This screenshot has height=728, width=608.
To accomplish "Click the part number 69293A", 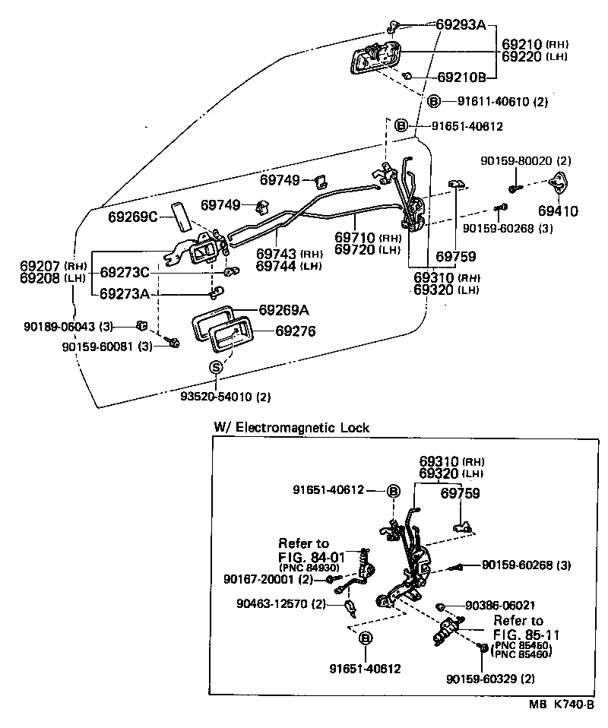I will point(461,24).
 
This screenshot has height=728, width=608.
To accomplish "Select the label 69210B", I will point(461,77).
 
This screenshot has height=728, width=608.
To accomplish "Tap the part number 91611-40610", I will point(495,101).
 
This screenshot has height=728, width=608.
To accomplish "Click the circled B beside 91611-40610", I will point(433,101).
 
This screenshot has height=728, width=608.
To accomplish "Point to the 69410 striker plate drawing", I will point(562,185).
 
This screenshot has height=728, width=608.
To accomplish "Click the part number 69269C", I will point(132,217).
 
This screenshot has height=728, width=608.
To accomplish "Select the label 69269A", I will point(284,310).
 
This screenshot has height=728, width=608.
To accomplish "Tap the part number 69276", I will point(295,331).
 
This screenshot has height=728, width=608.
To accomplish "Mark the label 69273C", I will point(125,272).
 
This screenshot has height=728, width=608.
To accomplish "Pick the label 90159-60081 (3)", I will point(107,347).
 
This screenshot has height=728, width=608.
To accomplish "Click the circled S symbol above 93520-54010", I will point(215,368).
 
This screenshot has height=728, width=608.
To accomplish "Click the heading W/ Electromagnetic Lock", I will point(291,428).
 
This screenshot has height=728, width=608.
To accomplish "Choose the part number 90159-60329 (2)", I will point(491,678).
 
